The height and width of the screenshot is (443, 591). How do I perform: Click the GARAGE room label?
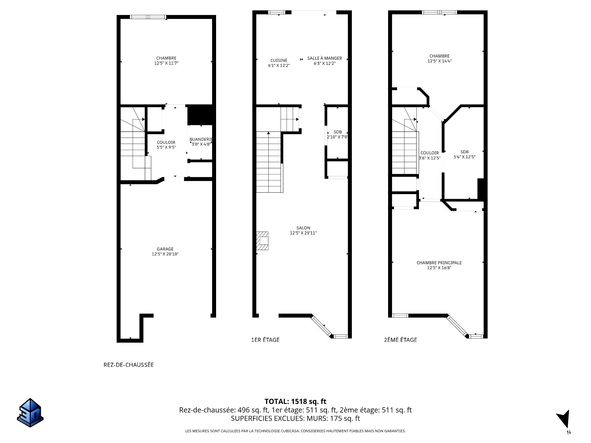coord(165,249)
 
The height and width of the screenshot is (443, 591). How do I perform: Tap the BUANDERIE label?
coord(201,139)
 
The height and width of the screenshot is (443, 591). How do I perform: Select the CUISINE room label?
coord(279,60)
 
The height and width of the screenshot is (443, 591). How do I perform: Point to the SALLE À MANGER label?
coord(325,58)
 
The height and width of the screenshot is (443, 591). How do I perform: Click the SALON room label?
coord(303,228)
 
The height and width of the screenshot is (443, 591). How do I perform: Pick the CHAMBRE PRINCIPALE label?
coord(439,263)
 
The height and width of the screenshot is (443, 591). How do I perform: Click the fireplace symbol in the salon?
coord(262,241)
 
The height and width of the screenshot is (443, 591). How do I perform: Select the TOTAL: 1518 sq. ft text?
coord(295,401)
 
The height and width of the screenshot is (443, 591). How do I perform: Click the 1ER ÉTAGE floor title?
coord(265,340)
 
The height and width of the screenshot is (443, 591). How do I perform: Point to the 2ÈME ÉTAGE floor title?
coord(400,340)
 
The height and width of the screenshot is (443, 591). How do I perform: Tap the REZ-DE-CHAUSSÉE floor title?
coord(129,365)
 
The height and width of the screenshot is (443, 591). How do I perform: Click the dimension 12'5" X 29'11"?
coord(303,233)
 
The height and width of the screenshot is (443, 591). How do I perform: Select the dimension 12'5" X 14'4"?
coord(440,61)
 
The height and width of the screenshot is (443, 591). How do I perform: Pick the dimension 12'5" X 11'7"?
coord(167,63)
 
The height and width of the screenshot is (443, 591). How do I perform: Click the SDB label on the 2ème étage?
coord(464,152)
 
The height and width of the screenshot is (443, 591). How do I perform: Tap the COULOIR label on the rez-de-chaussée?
coord(166,142)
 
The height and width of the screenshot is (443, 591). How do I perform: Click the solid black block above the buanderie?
coord(200,115)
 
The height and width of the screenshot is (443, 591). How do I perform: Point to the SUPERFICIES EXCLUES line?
coord(295,418)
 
